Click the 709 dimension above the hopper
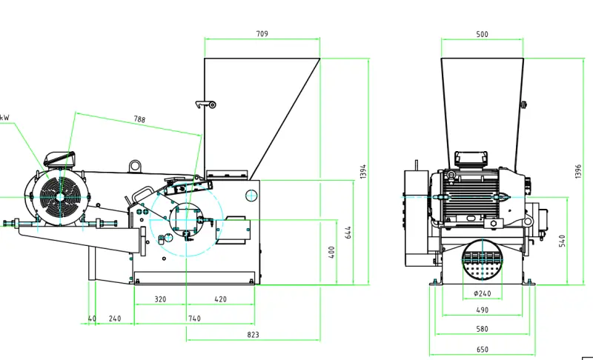coord(262,34)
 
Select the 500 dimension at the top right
coord(483,34)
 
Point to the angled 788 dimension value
coord(139,119)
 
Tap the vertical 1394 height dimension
coord(363,172)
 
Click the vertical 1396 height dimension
coord(578,171)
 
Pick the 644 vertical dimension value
coord(348,233)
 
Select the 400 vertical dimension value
coord(331,253)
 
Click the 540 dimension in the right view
coord(563,241)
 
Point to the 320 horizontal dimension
coord(160,299)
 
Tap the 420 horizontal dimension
coord(220,299)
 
